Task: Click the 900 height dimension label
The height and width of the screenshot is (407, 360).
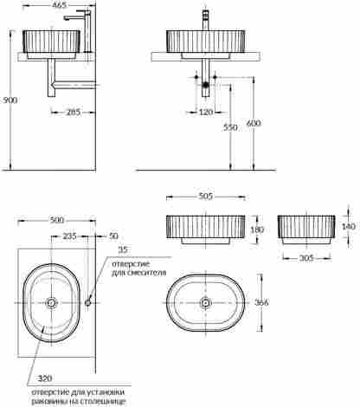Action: click(x=10, y=100)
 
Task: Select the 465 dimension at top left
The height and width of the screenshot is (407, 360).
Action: click(x=59, y=5)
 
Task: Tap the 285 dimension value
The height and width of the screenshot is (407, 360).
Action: click(x=74, y=112)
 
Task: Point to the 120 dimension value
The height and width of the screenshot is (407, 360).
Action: click(x=206, y=112)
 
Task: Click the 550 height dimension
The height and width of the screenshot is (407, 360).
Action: click(x=230, y=127)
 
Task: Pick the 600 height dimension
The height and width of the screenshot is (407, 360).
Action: click(x=254, y=123)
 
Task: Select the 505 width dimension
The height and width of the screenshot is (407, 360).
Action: click(x=206, y=197)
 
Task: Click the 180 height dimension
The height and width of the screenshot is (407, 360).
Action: click(x=257, y=229)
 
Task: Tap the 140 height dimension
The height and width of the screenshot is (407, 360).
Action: click(x=349, y=226)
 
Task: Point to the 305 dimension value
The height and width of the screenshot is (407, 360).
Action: click(x=306, y=258)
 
